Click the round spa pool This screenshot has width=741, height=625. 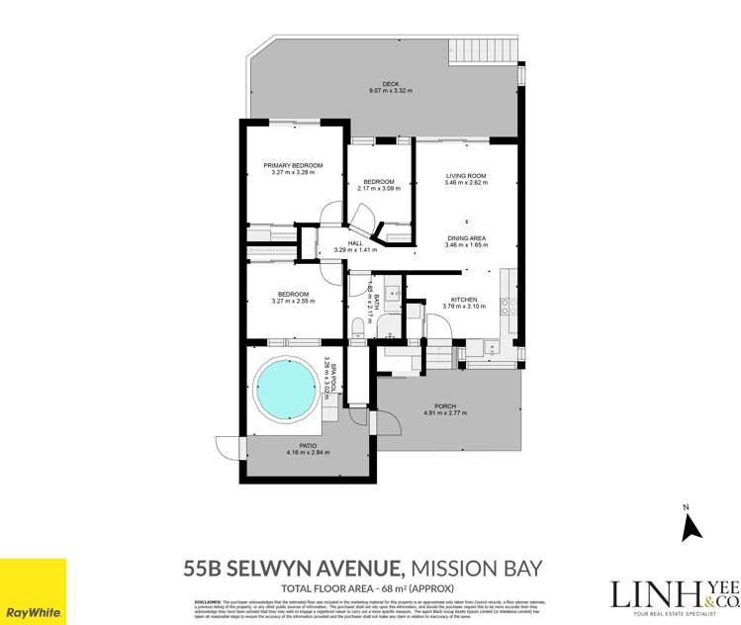click(x=292, y=388)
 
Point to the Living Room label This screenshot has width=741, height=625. click(x=466, y=176)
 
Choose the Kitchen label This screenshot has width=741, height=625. click(x=465, y=300)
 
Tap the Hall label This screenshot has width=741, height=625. click(x=355, y=243)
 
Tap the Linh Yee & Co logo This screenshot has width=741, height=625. click(x=674, y=593)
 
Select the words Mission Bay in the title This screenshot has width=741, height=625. click(x=477, y=568)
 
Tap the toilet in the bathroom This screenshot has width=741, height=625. click(x=358, y=326)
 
